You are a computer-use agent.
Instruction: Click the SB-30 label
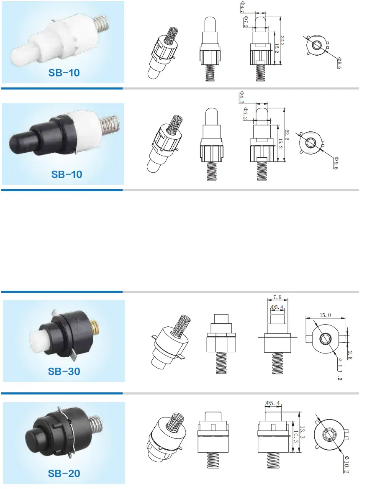(64, 371)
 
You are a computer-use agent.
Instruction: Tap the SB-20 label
(64, 473)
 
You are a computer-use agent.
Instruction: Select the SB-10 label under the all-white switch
(64, 73)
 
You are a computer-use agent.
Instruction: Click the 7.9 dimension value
(277, 297)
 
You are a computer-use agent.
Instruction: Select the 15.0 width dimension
(325, 315)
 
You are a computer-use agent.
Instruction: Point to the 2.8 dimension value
(350, 355)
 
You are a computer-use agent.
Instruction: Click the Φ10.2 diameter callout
(346, 465)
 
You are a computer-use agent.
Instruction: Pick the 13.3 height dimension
(302, 432)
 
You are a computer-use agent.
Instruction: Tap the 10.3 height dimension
(295, 437)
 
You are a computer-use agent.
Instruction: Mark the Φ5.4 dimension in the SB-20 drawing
(273, 403)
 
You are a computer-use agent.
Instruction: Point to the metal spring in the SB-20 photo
(96, 425)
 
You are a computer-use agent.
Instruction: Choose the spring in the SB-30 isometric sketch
(181, 325)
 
